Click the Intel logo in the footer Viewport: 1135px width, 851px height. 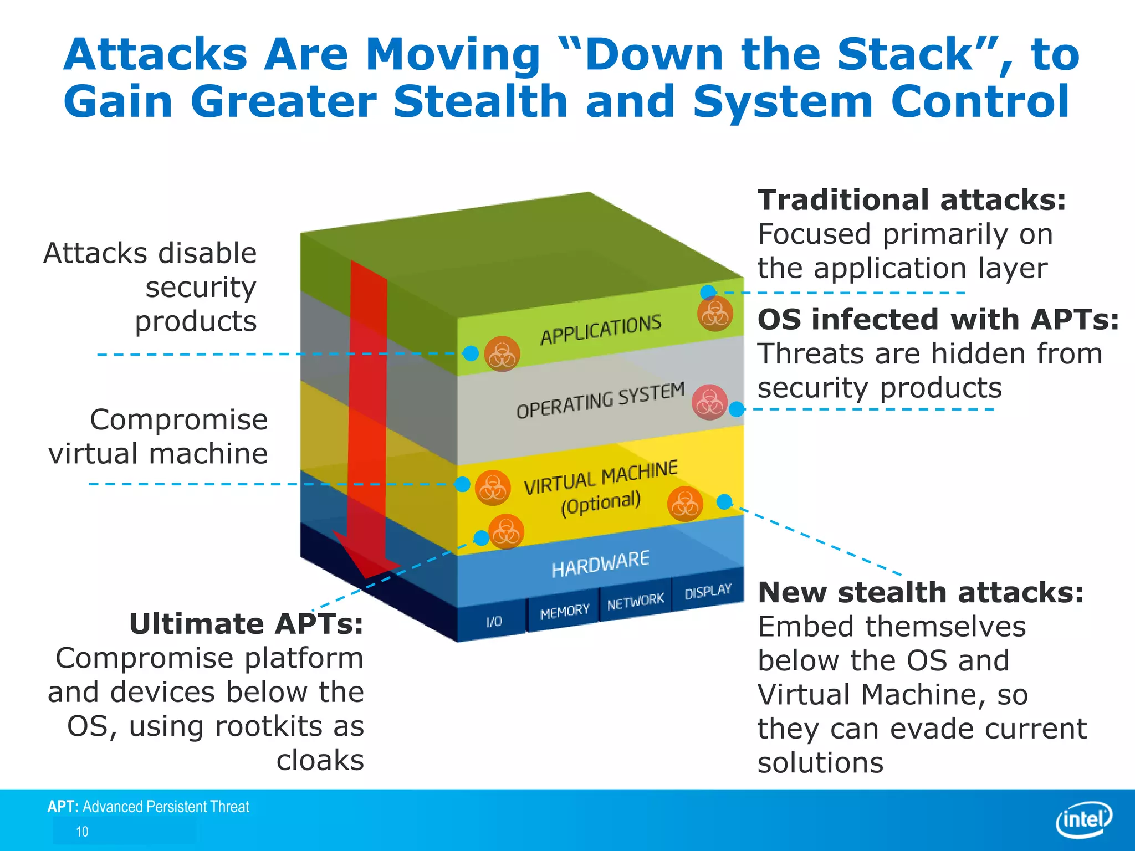[1084, 819]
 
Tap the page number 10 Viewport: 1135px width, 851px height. [82, 832]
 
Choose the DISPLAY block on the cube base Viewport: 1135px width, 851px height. [708, 592]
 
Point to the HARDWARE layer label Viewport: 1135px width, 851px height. [600, 564]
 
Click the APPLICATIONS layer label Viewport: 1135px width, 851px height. [601, 329]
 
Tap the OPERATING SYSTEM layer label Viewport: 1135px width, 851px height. [600, 400]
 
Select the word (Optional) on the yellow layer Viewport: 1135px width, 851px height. [601, 503]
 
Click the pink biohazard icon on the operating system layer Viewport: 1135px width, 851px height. [709, 402]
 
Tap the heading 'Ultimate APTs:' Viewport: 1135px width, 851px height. [246, 624]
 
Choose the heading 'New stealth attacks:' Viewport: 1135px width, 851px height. [921, 592]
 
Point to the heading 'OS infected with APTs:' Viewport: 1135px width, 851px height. [938, 320]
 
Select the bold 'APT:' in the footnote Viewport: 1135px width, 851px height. [63, 807]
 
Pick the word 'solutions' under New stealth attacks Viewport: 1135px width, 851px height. [820, 763]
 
